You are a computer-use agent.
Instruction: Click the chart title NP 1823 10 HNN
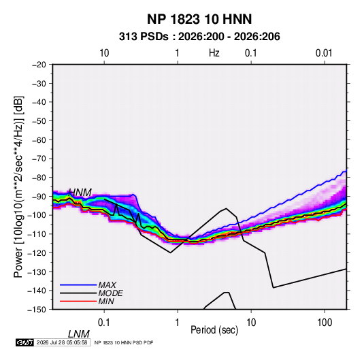(199, 19)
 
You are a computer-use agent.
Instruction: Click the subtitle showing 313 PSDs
(199, 37)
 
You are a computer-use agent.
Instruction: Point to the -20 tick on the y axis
(39, 65)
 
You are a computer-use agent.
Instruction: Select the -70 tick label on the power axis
(39, 159)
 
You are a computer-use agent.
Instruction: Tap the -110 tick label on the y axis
(37, 234)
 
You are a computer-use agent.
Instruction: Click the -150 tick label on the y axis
(37, 310)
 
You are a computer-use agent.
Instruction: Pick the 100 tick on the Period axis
(325, 323)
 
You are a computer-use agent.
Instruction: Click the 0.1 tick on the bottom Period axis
(104, 323)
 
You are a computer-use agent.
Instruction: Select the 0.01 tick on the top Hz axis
(324, 53)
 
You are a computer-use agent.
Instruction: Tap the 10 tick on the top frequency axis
(104, 53)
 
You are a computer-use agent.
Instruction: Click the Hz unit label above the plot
(214, 53)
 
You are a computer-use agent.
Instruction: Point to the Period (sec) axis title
(214, 330)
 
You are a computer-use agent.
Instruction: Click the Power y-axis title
(18, 186)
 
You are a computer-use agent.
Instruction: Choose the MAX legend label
(107, 285)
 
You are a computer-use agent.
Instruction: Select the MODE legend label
(110, 293)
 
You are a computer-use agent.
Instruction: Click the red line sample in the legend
(78, 301)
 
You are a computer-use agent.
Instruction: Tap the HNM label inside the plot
(80, 193)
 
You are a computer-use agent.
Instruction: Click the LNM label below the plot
(79, 334)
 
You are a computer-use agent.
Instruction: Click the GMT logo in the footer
(24, 342)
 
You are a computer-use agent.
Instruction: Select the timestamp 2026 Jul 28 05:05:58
(62, 342)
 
